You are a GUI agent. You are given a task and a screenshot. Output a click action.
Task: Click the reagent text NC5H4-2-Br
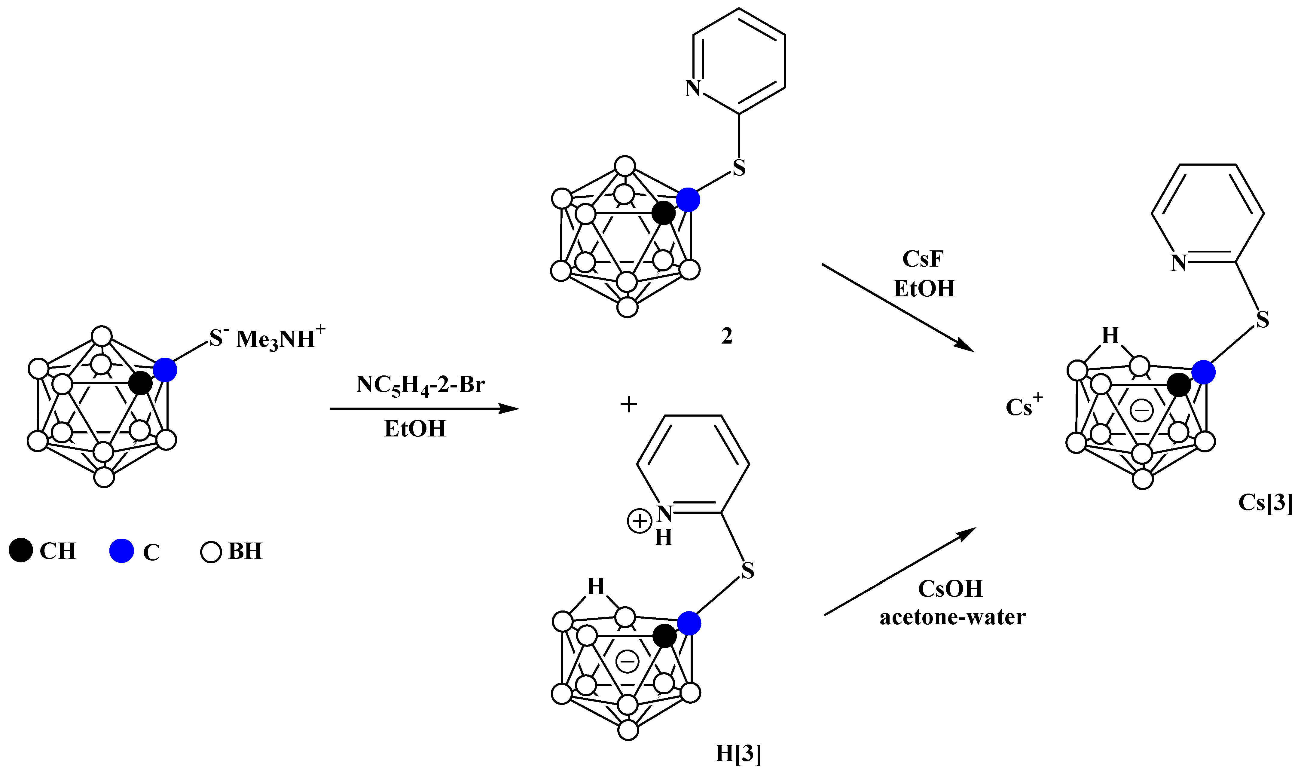420,385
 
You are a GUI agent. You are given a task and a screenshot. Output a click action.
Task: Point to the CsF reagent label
923,259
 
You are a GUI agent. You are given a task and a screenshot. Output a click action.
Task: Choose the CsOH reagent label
950,588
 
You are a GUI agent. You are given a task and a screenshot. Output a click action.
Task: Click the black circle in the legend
21,551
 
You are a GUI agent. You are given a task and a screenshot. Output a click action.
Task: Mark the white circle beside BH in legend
211,552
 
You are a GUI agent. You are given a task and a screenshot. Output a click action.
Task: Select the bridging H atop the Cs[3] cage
1110,336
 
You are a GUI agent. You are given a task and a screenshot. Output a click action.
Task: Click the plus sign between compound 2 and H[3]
629,404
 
